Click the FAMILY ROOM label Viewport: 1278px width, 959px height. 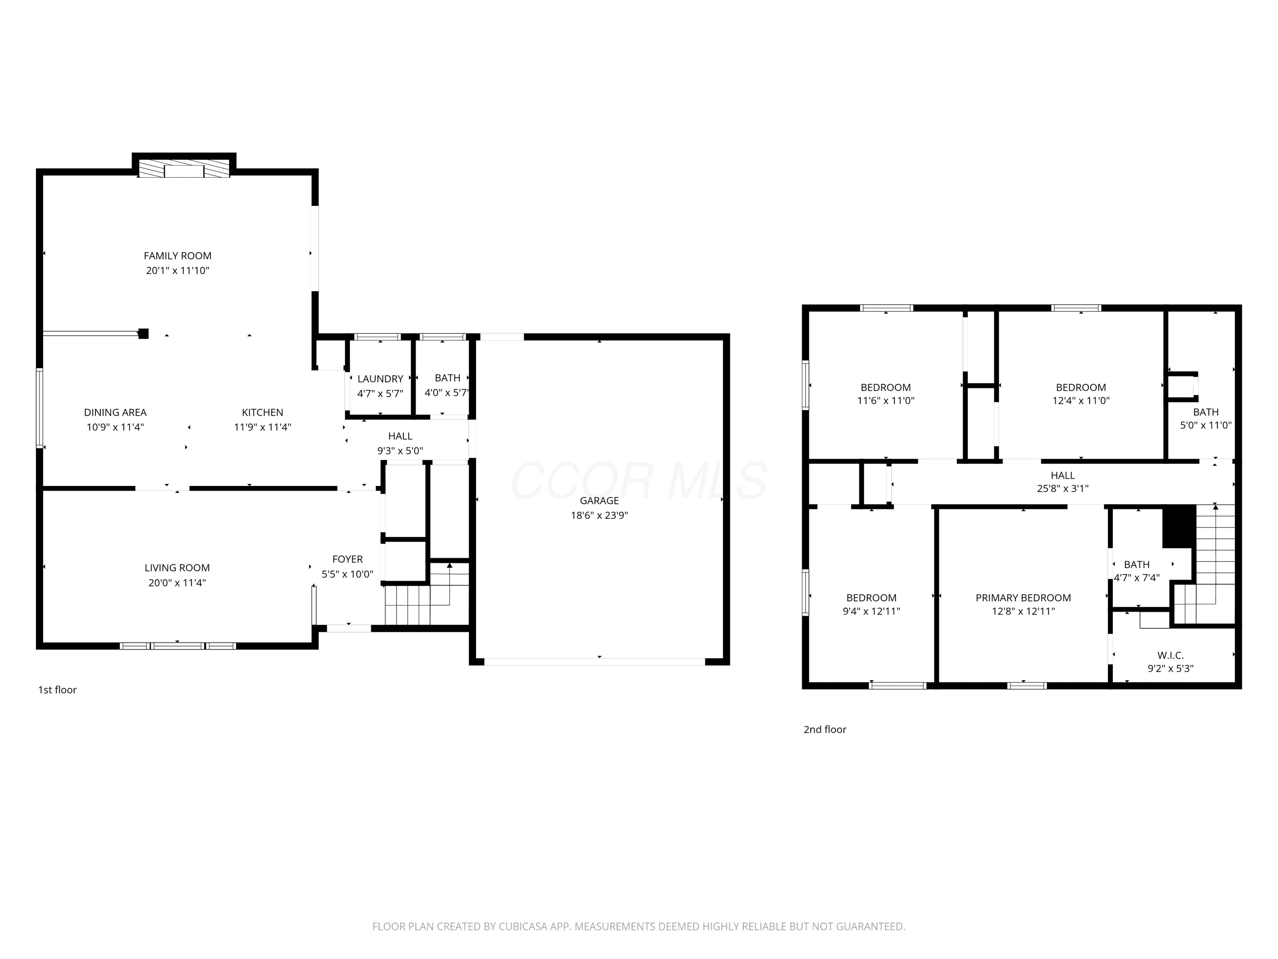[177, 255]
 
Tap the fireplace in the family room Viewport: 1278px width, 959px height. [184, 169]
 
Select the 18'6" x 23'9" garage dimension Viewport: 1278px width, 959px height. [599, 515]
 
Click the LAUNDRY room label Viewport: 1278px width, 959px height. [380, 378]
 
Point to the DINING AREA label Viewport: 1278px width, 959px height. [115, 412]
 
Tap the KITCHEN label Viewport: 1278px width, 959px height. [262, 412]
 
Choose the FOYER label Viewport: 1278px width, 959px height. [347, 559]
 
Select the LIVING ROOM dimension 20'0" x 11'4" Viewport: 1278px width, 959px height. [177, 583]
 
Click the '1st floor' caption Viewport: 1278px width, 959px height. [57, 690]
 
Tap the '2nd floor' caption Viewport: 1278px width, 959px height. [824, 730]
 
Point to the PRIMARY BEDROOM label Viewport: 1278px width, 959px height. [1023, 598]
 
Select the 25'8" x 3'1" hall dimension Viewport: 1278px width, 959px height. [1062, 488]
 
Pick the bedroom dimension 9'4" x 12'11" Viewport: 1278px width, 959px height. [871, 611]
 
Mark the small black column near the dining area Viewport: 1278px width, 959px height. [143, 334]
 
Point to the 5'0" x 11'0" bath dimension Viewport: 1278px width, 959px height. [1206, 425]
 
